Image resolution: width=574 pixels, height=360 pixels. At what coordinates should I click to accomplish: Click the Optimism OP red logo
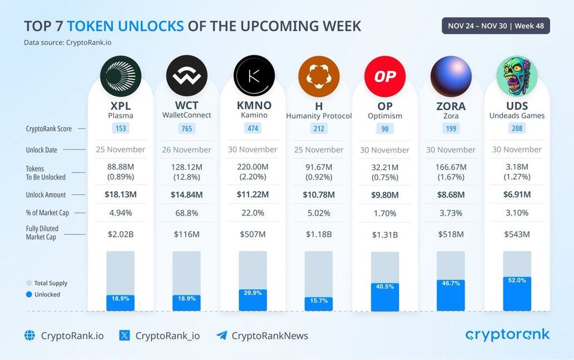coord(385,76)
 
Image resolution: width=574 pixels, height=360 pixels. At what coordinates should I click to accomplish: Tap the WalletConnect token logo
coord(187,76)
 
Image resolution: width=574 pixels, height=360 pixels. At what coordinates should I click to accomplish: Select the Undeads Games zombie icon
coord(517,76)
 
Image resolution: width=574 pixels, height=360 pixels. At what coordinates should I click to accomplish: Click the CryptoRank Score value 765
coord(187,129)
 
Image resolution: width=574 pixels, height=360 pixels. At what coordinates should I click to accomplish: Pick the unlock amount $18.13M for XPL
coord(121,195)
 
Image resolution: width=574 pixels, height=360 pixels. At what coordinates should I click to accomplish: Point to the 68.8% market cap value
coord(187,213)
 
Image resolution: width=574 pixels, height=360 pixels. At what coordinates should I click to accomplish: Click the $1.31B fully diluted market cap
coord(385,235)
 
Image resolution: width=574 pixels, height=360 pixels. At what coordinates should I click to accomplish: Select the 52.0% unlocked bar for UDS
coord(517,294)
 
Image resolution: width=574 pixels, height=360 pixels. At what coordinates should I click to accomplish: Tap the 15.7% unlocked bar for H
coord(319,304)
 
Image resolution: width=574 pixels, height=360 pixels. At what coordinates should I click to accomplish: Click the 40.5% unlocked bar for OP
coord(385,297)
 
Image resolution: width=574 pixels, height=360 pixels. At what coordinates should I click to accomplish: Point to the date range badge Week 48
coord(496,26)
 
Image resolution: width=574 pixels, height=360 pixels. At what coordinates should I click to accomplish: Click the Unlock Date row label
coord(41,150)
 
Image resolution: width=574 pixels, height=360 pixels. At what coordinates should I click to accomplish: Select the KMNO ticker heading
coord(254,105)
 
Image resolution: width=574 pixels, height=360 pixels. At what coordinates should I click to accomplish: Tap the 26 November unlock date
coord(187,150)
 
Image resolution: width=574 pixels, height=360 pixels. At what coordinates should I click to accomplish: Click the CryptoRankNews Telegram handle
coord(269,336)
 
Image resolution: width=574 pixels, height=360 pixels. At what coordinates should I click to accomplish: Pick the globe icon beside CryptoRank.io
coord(29,336)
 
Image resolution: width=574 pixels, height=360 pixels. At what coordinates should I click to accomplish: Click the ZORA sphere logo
coord(451,76)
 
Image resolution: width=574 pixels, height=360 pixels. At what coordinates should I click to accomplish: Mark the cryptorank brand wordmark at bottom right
coord(507,334)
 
